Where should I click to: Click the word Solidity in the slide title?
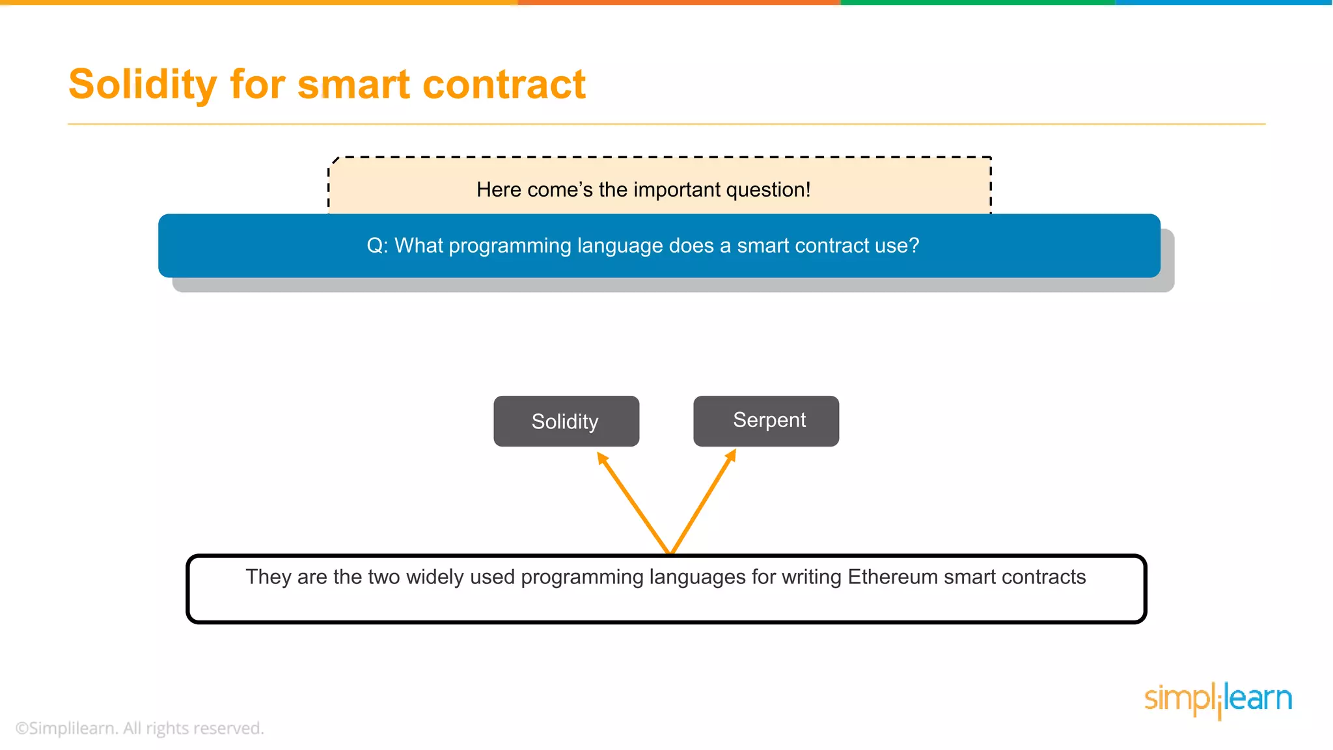click(142, 85)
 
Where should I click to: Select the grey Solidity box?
click(566, 421)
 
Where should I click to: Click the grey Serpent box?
click(766, 421)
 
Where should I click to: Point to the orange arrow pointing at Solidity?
click(633, 502)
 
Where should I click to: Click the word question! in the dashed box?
click(768, 189)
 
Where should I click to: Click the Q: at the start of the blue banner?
click(378, 245)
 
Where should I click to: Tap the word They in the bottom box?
click(268, 577)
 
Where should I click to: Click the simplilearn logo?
click(1218, 699)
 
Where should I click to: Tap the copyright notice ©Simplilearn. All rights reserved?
click(139, 728)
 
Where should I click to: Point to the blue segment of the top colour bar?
click(1224, 3)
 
